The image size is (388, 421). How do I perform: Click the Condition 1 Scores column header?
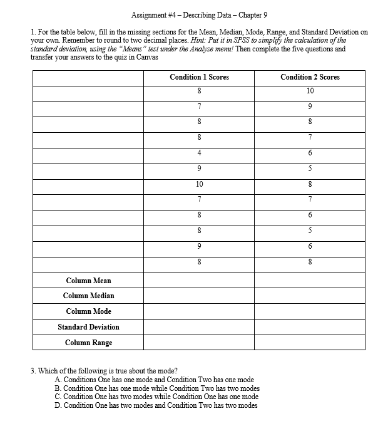(x=199, y=77)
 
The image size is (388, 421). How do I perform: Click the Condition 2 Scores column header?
(x=310, y=77)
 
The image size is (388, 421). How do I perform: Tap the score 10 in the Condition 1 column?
(x=199, y=185)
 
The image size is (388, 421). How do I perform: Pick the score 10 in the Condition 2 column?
(x=310, y=91)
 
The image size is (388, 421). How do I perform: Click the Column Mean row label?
(x=88, y=280)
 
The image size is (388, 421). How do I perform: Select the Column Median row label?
(x=88, y=296)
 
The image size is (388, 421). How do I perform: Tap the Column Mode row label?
(x=88, y=311)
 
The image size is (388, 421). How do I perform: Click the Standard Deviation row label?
(x=88, y=327)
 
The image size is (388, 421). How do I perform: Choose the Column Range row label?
(x=88, y=343)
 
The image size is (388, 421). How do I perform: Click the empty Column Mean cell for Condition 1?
(x=199, y=280)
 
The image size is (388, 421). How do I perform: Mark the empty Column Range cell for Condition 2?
(x=310, y=343)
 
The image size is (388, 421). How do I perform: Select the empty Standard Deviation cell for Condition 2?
(x=310, y=327)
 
